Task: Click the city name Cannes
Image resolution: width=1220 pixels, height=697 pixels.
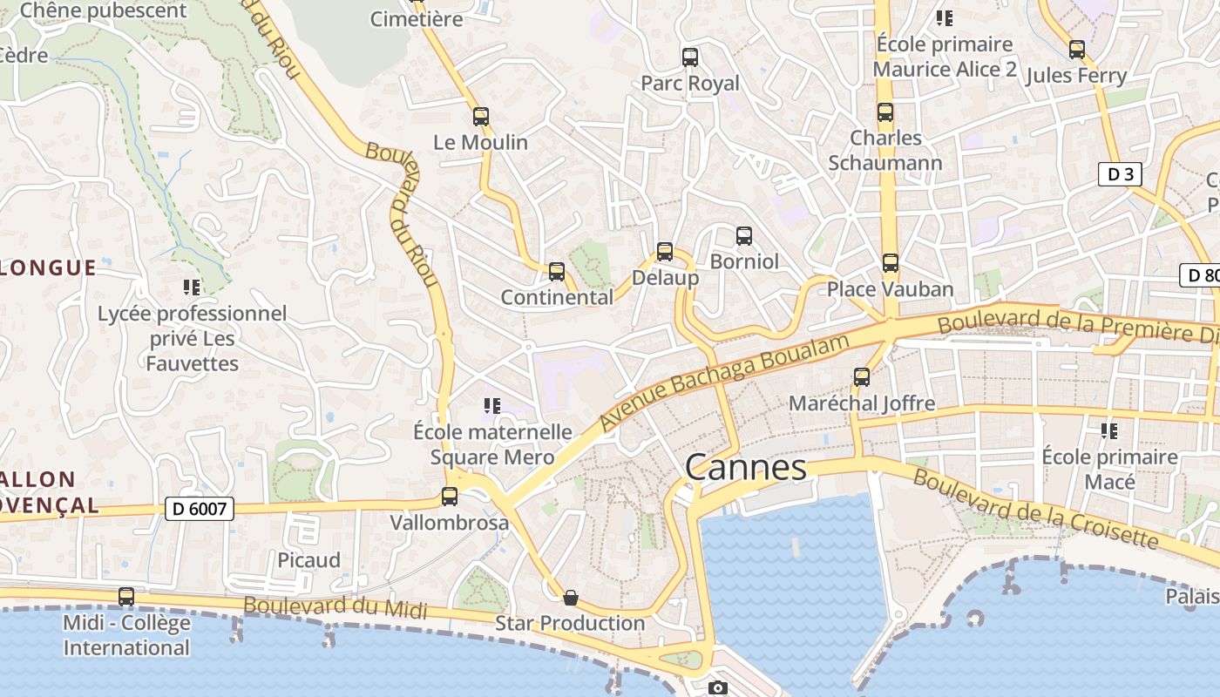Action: (746, 468)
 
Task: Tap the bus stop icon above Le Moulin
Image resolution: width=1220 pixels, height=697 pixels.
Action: (480, 117)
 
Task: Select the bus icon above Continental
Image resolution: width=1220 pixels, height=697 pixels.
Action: (557, 272)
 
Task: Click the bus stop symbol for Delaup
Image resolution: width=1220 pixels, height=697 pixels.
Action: (665, 253)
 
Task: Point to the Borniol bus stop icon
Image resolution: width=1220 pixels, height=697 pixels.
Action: (743, 236)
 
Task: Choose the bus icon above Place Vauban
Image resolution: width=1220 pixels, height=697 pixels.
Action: (890, 263)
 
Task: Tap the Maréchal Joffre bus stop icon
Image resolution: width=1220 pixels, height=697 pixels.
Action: (862, 377)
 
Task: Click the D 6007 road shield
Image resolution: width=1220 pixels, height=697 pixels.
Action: (200, 509)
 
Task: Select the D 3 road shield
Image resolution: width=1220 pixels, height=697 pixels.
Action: (1119, 174)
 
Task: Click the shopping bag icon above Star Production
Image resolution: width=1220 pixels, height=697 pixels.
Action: (570, 598)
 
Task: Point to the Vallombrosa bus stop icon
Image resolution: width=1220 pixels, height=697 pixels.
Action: (450, 497)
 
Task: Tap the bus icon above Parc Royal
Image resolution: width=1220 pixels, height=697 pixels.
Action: (690, 58)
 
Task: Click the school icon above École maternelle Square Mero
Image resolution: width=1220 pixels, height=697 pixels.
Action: (492, 406)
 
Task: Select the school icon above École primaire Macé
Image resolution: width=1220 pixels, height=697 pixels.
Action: (1109, 430)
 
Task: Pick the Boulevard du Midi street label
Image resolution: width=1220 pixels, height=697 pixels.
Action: (335, 607)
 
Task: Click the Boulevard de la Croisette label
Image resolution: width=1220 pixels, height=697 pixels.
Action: (1035, 510)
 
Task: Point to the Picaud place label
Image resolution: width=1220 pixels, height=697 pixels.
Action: (308, 560)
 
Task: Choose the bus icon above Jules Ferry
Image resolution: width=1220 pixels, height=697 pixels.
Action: (1077, 50)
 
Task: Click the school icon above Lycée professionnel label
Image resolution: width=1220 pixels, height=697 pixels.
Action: (192, 287)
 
